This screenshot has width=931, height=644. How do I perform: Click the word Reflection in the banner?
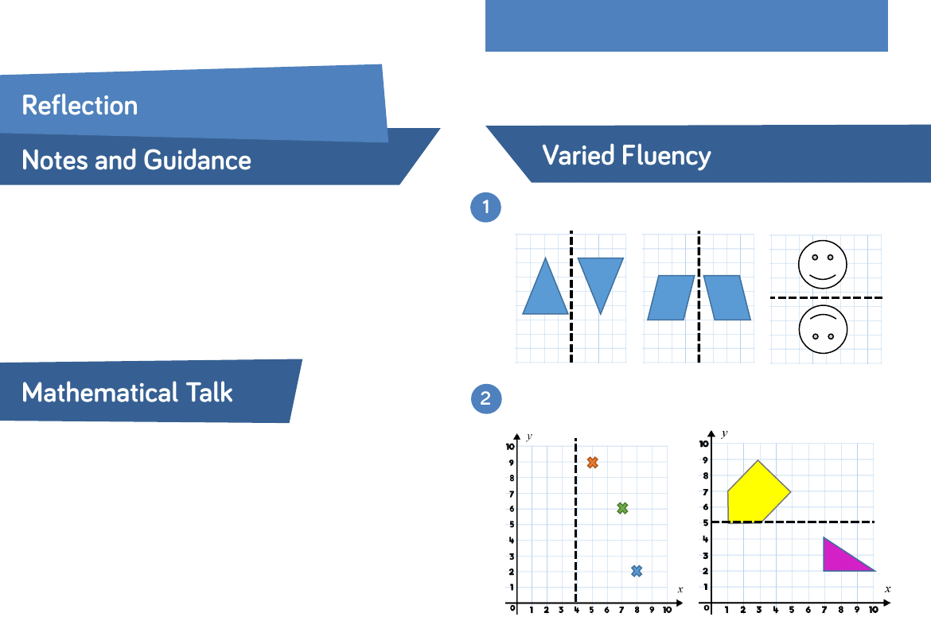point(80,106)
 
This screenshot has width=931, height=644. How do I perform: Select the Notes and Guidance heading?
point(137,160)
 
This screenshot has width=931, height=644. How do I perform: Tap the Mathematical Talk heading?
point(127,393)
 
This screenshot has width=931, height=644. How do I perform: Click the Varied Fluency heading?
point(626,156)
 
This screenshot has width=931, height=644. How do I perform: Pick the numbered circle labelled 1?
point(485,207)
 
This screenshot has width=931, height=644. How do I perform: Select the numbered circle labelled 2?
point(486,398)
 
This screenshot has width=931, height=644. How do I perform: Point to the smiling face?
point(822,264)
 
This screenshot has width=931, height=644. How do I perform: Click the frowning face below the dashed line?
point(823,330)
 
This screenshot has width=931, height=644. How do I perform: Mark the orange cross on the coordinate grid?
point(592,463)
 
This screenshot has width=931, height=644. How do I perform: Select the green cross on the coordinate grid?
point(622,508)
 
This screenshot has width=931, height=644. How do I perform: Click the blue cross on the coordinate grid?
point(637,571)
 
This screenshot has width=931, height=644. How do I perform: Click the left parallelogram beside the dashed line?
point(671,297)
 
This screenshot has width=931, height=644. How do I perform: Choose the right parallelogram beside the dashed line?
point(727,297)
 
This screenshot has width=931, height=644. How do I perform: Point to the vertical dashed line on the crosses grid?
point(575,521)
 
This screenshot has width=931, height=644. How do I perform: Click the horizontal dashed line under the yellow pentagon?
point(793,522)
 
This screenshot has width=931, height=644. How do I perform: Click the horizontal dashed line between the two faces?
point(826,297)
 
